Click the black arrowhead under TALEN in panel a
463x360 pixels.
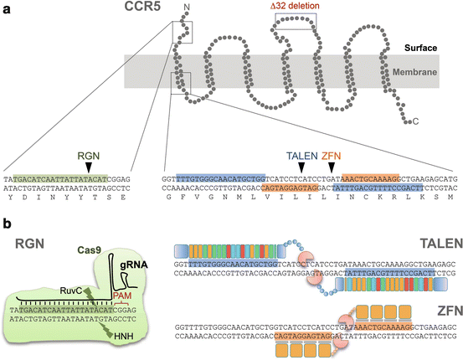(x=302, y=168)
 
